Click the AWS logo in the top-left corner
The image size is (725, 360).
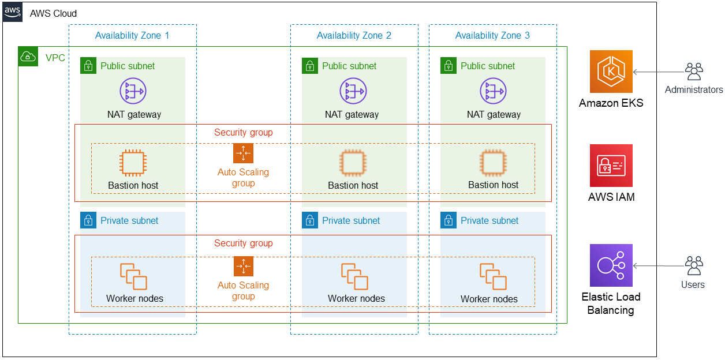(13, 12)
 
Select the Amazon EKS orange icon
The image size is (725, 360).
(611, 72)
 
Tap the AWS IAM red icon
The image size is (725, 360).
(611, 166)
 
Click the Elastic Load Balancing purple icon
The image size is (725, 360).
(611, 265)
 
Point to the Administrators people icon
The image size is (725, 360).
(694, 72)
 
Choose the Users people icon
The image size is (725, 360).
(694, 266)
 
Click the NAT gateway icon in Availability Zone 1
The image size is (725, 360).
(133, 91)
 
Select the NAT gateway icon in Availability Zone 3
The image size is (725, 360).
(493, 91)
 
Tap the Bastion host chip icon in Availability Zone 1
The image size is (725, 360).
(133, 163)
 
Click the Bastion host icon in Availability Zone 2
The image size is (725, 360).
(353, 163)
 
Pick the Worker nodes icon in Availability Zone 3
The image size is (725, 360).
(493, 276)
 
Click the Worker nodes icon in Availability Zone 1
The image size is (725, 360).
(133, 276)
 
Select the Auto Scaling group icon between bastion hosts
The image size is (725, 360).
(243, 153)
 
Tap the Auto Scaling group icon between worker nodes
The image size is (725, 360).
(243, 267)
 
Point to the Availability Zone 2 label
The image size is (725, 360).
(354, 36)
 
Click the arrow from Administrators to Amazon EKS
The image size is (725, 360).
(658, 72)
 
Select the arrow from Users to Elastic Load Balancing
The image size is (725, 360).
(658, 266)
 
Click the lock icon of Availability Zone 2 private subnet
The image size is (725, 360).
(310, 220)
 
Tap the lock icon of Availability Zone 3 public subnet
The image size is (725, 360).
(449, 66)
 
